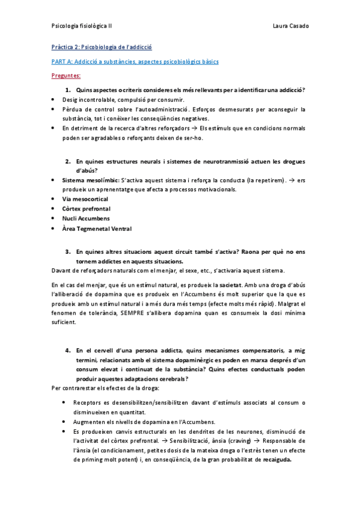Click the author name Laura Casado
pos(290,26)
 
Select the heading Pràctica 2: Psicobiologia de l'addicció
pos(101,46)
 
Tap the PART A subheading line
pos(134,61)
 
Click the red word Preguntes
pos(66,76)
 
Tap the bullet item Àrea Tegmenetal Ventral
pos(97,229)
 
